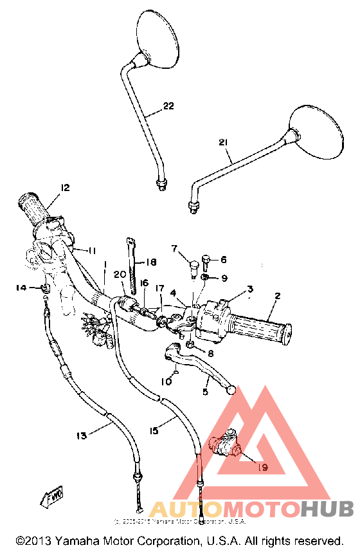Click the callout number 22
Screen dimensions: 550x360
point(168,106)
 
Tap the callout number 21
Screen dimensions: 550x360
point(223,142)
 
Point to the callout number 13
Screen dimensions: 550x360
point(81,436)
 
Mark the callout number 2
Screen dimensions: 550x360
point(277,297)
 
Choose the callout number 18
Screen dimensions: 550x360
point(151,262)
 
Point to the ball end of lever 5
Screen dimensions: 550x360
point(231,390)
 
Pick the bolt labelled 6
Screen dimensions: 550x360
point(206,262)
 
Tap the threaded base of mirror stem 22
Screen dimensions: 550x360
point(161,184)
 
